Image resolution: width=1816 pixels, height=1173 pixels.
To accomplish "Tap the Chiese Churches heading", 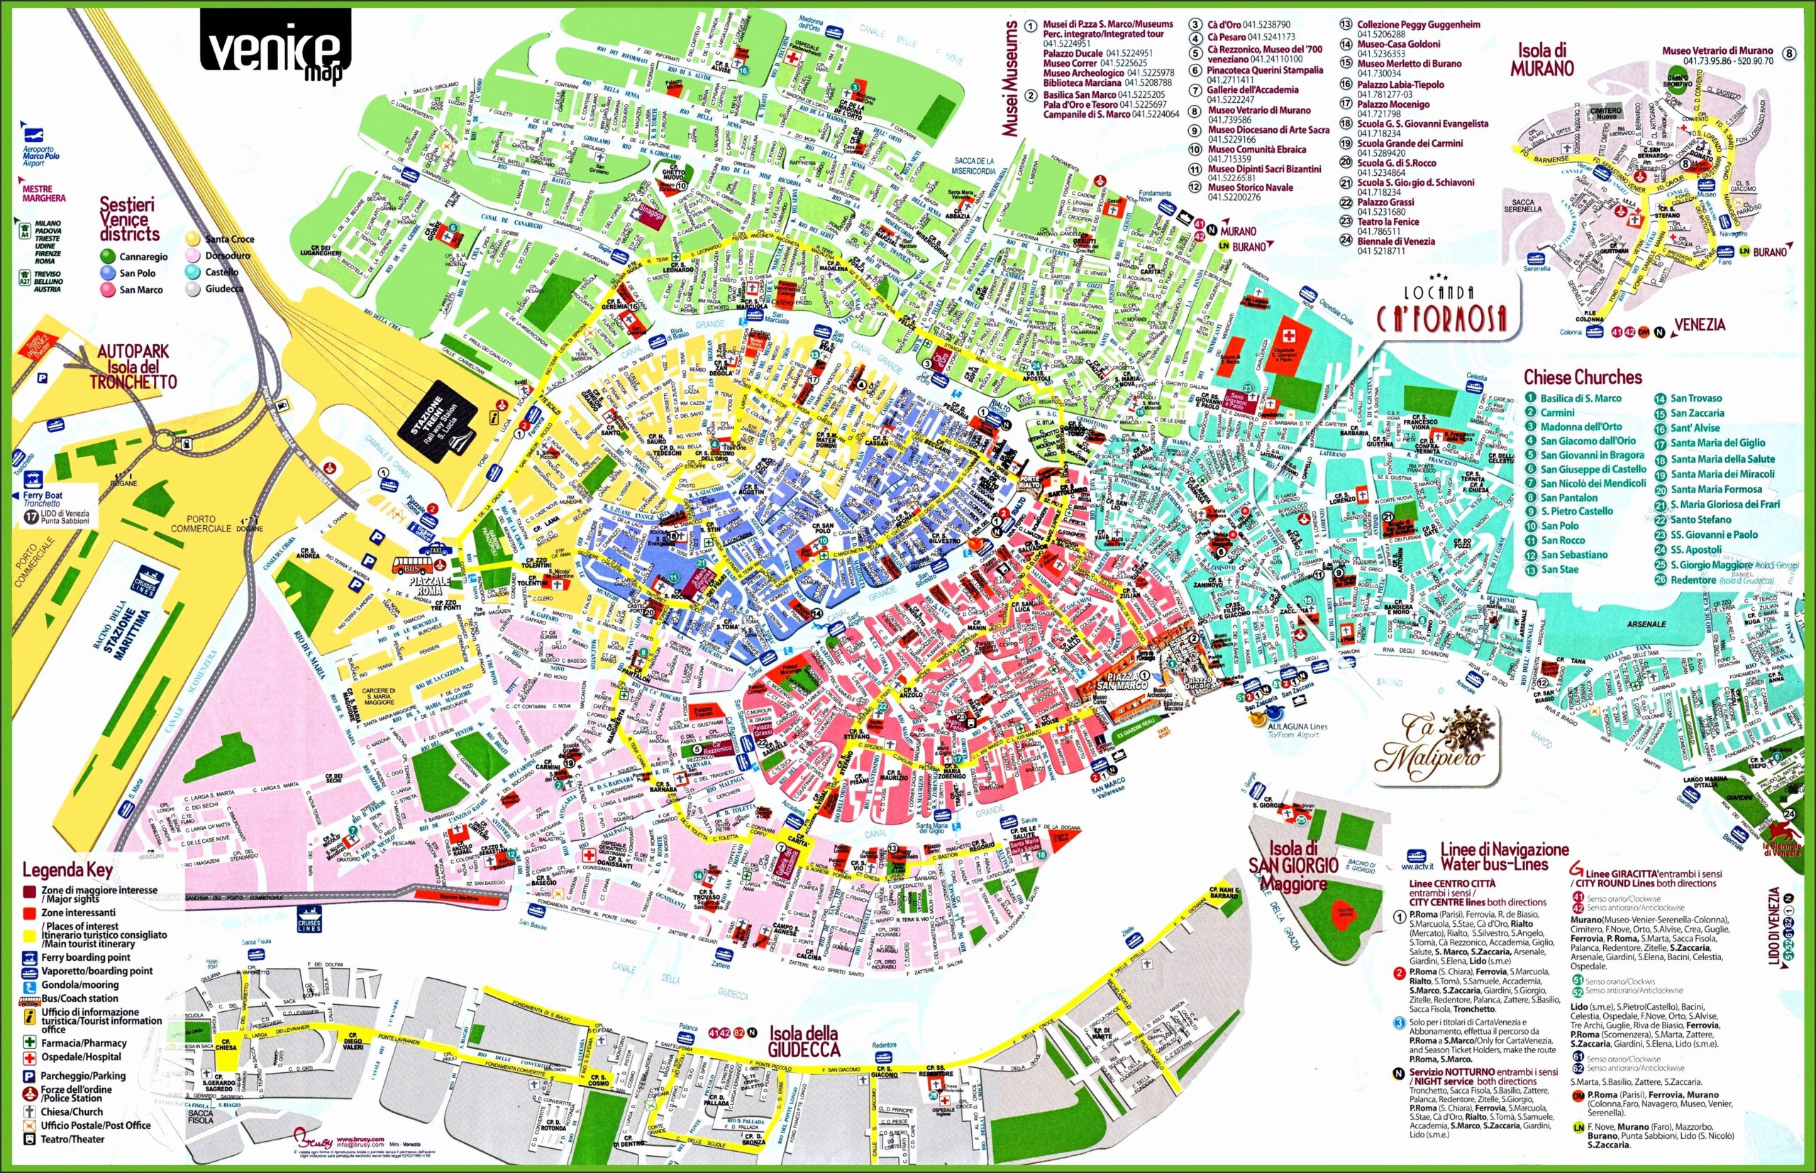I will [1582, 377].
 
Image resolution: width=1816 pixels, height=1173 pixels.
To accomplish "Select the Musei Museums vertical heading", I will [1010, 79].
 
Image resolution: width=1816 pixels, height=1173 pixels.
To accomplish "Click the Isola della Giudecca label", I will [803, 1041].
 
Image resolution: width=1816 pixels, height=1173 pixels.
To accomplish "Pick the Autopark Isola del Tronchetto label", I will [133, 366].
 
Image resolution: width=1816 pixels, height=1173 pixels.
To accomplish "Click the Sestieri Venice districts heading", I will [129, 219].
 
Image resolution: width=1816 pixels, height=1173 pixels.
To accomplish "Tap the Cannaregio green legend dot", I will [107, 257].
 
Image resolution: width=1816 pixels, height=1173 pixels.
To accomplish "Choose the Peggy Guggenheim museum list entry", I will [1418, 24].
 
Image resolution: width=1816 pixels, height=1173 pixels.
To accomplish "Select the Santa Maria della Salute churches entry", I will [1722, 458].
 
